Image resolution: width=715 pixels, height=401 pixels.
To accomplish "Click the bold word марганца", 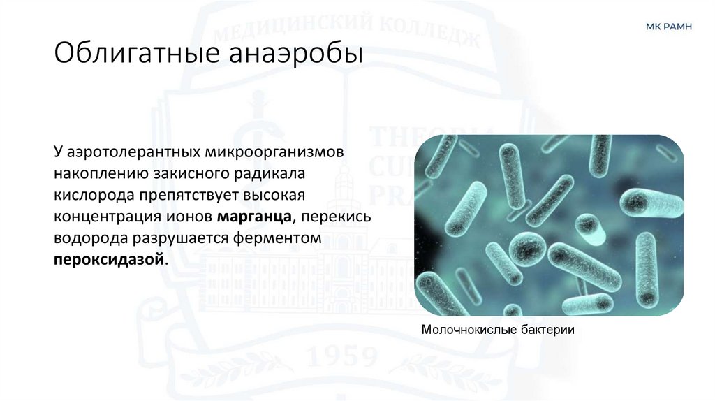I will tap(253, 217).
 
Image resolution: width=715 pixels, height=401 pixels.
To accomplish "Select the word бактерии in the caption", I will tap(544, 330).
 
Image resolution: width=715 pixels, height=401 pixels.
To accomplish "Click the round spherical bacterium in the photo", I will tap(527, 249).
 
